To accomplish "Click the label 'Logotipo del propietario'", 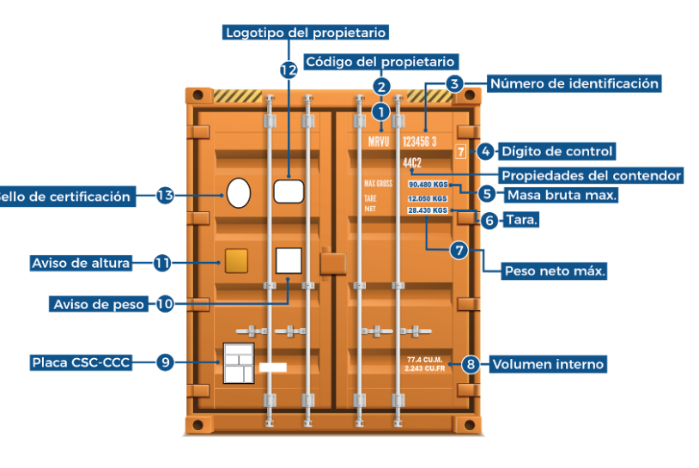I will point(306,33).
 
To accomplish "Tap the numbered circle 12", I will point(289,70).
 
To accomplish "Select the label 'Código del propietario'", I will point(380,62).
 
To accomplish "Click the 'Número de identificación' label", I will point(574,83).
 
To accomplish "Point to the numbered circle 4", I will point(486,151).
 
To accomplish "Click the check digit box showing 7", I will point(461,152).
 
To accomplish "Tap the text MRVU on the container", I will point(379,141).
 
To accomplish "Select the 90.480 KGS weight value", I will point(428,184).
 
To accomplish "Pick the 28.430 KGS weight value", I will point(428,210).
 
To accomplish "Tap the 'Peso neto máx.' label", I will point(555,270).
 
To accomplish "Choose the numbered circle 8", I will point(470,363).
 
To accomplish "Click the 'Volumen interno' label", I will point(548,364).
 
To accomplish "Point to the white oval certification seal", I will point(239,191).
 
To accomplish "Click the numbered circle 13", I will point(166,196).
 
